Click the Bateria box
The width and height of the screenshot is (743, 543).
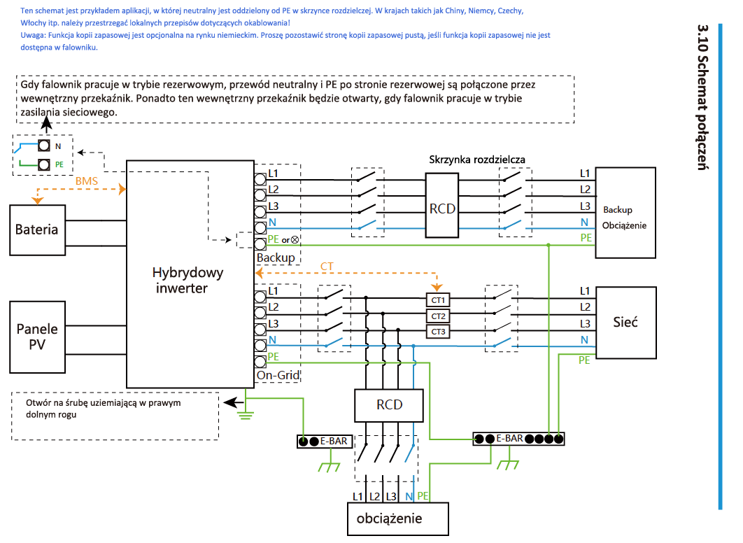tap(38, 230)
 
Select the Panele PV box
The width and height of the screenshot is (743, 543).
tap(38, 337)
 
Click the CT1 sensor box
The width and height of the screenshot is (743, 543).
tap(438, 300)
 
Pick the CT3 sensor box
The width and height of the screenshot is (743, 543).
tap(438, 332)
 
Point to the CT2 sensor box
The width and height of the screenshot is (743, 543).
tap(438, 316)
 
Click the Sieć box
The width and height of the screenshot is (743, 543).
tap(625, 322)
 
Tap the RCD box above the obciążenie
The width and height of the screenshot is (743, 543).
tap(388, 405)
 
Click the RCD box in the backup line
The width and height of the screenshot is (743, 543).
tap(441, 205)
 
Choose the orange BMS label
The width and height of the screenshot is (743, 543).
tap(87, 181)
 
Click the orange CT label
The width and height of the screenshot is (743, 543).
tap(327, 267)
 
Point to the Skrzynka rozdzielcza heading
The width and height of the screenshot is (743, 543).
tap(476, 160)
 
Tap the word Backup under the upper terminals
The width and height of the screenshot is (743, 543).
tap(276, 258)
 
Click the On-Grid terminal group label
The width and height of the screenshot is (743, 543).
tap(278, 375)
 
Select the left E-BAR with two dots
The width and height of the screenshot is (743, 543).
tap(325, 442)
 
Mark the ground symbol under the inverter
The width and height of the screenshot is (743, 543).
tap(246, 414)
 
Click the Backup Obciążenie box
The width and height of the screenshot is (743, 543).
tap(625, 213)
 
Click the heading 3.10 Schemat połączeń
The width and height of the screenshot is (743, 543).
tap(702, 97)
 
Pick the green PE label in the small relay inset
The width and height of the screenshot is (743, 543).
tap(59, 164)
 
